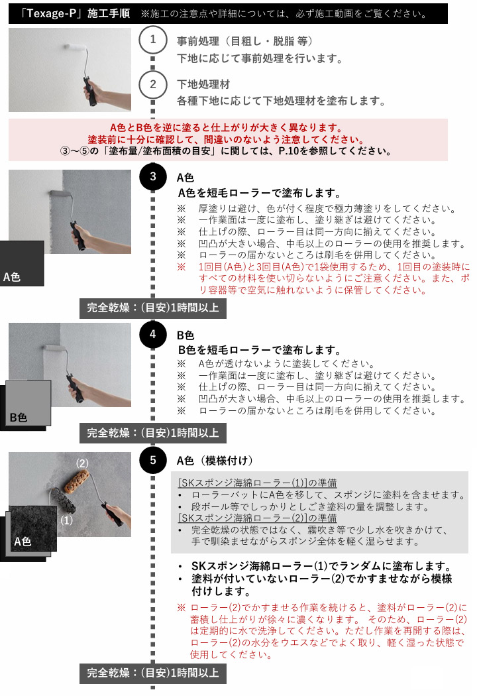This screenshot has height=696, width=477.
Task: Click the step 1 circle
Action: (152, 40)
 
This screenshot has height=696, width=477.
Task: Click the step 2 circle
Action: (152, 84)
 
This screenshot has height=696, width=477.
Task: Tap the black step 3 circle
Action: (152, 177)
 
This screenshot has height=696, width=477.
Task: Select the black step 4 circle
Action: (152, 334)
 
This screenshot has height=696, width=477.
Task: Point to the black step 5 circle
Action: (152, 460)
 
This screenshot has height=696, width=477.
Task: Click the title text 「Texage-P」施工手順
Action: (76, 13)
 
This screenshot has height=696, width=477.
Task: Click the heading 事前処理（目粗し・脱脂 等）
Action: (244, 41)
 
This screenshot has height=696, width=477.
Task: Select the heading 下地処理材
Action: (203, 84)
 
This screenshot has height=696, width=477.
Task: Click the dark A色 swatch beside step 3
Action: (22, 263)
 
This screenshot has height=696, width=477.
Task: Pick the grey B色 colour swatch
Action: (28, 402)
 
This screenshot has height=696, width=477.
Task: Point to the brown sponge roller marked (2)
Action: (77, 481)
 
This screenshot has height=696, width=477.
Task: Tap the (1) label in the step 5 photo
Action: (66, 520)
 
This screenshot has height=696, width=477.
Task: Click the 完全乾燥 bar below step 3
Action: (152, 308)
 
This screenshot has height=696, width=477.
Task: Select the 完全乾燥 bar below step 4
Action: (152, 433)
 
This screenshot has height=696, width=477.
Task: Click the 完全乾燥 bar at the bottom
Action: (152, 673)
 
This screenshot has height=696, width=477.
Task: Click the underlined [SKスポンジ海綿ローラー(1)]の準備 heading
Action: (257, 483)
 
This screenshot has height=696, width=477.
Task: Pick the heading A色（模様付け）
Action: (215, 461)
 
